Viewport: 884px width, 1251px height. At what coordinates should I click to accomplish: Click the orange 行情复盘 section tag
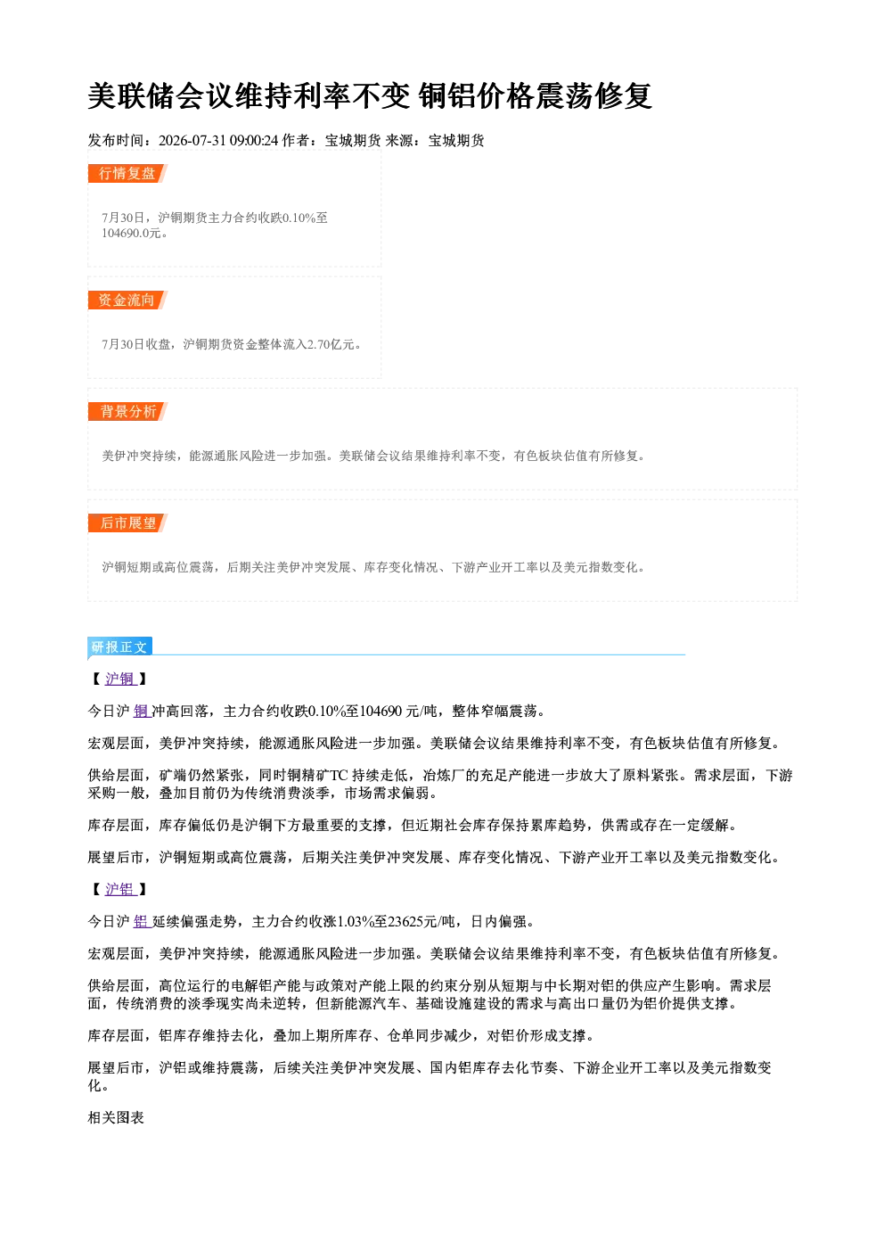click(x=127, y=174)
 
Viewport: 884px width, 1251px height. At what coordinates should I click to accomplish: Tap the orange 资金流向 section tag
click(x=127, y=300)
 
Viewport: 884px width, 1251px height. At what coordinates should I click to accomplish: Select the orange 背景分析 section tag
click(x=127, y=412)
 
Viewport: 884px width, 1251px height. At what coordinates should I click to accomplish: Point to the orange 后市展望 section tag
click(x=127, y=523)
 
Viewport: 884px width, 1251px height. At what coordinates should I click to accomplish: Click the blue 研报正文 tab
click(x=119, y=646)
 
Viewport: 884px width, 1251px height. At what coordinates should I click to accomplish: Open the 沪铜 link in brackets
click(x=119, y=679)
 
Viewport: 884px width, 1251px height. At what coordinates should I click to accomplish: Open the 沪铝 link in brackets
click(x=119, y=889)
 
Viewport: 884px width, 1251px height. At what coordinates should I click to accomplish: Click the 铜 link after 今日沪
click(x=141, y=711)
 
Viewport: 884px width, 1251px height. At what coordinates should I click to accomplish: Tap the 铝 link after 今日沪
click(x=141, y=921)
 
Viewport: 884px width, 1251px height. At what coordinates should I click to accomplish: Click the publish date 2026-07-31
click(x=192, y=140)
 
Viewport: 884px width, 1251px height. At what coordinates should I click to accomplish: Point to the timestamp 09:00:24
click(x=254, y=140)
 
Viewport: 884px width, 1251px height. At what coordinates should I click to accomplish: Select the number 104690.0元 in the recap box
click(x=131, y=233)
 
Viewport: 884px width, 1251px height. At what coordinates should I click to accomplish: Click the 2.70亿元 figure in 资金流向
click(x=331, y=344)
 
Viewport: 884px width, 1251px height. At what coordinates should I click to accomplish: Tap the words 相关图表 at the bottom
click(x=116, y=1117)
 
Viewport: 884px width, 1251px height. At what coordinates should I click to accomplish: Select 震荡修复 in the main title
click(x=593, y=95)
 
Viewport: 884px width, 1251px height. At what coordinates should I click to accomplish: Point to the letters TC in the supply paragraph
click(x=339, y=775)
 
